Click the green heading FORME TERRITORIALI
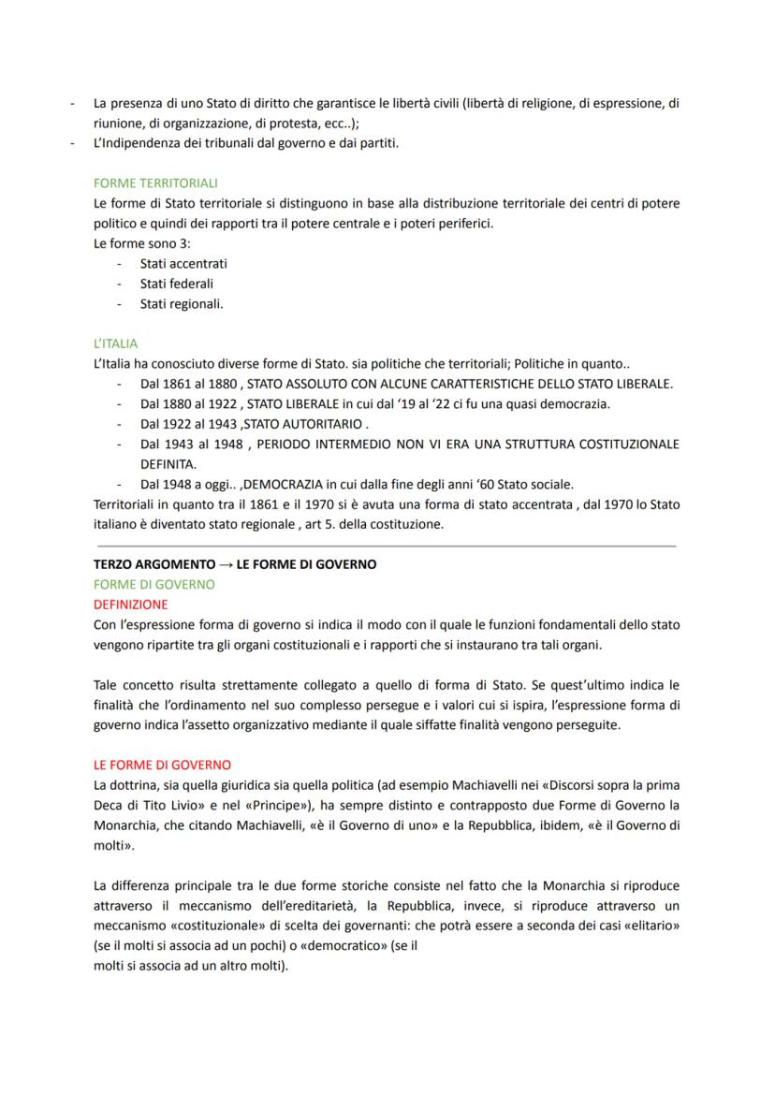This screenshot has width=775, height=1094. pyautogui.click(x=155, y=182)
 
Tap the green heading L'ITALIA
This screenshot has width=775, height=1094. pyautogui.click(x=115, y=344)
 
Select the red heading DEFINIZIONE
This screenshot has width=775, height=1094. pyautogui.click(x=131, y=604)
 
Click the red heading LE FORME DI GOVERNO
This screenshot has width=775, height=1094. pyautogui.click(x=162, y=765)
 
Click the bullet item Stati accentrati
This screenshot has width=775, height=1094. pyautogui.click(x=183, y=263)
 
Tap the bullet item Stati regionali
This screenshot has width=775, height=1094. pyautogui.click(x=181, y=303)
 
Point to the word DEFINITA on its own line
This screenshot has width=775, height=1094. pyautogui.click(x=168, y=464)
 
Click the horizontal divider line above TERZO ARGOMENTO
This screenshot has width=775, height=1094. pyautogui.click(x=385, y=546)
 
